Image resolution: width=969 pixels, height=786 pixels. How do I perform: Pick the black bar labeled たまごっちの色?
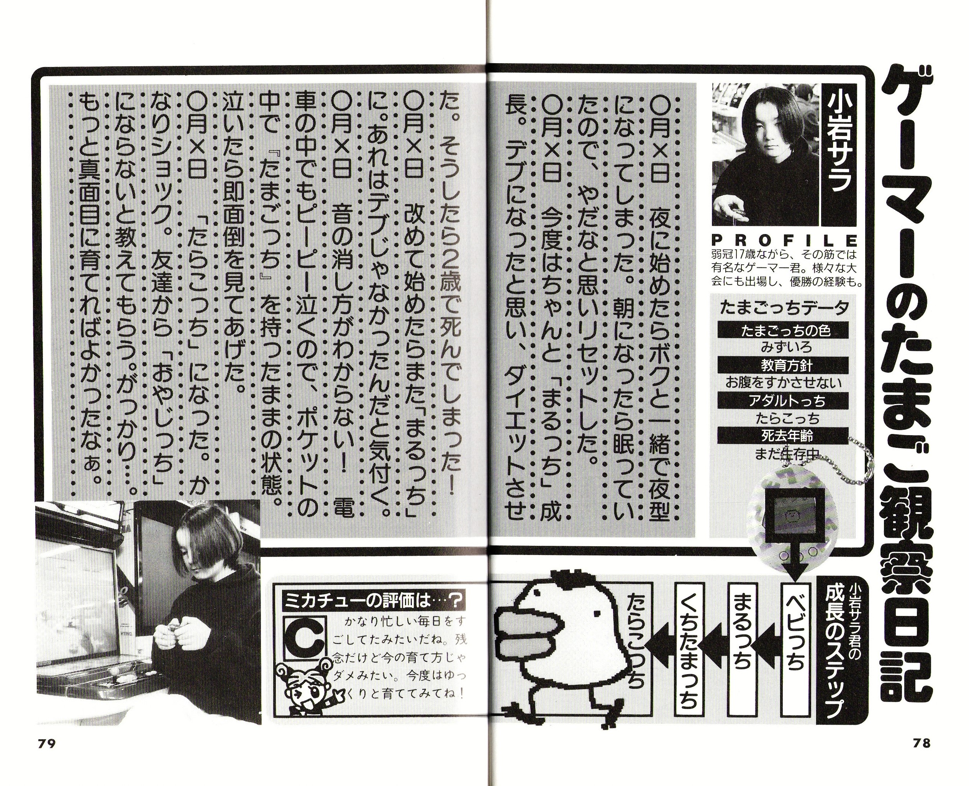(785, 331)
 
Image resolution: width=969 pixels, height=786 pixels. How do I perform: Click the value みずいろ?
(787, 348)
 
